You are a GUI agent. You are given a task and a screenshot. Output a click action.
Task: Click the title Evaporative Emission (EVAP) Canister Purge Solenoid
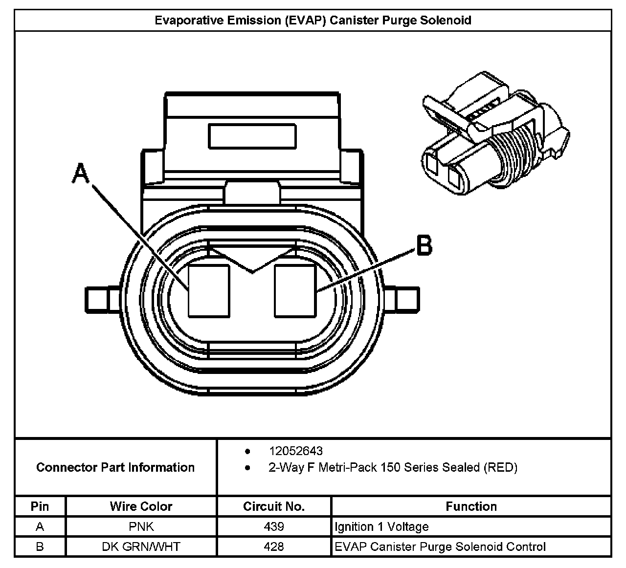[x=313, y=21]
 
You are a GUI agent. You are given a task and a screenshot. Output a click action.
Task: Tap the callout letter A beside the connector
[x=81, y=174]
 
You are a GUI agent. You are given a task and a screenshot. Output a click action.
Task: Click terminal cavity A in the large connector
[x=209, y=291]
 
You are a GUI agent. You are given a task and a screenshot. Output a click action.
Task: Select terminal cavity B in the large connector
[x=295, y=291]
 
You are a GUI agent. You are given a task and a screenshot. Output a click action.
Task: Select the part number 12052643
[x=295, y=451]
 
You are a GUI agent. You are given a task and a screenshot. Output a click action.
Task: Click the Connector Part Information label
[x=115, y=467]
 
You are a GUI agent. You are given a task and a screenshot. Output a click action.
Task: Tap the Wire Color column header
[x=141, y=506]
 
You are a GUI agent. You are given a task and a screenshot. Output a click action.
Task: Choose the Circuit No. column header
[x=274, y=506]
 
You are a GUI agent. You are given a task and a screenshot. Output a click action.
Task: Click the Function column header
[x=471, y=506]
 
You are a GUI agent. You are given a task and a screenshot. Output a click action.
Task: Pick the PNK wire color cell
[x=141, y=527]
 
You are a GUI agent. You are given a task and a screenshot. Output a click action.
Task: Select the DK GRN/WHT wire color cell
[x=141, y=546]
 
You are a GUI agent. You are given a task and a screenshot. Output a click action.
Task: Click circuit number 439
[x=274, y=527]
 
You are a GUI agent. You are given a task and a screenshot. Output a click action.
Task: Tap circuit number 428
[x=274, y=546]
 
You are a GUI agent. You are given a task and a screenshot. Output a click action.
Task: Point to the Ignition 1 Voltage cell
[x=381, y=527]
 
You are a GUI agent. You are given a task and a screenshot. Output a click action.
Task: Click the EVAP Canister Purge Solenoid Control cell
[x=440, y=546]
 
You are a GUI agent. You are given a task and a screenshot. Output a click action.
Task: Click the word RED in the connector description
[x=500, y=468]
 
